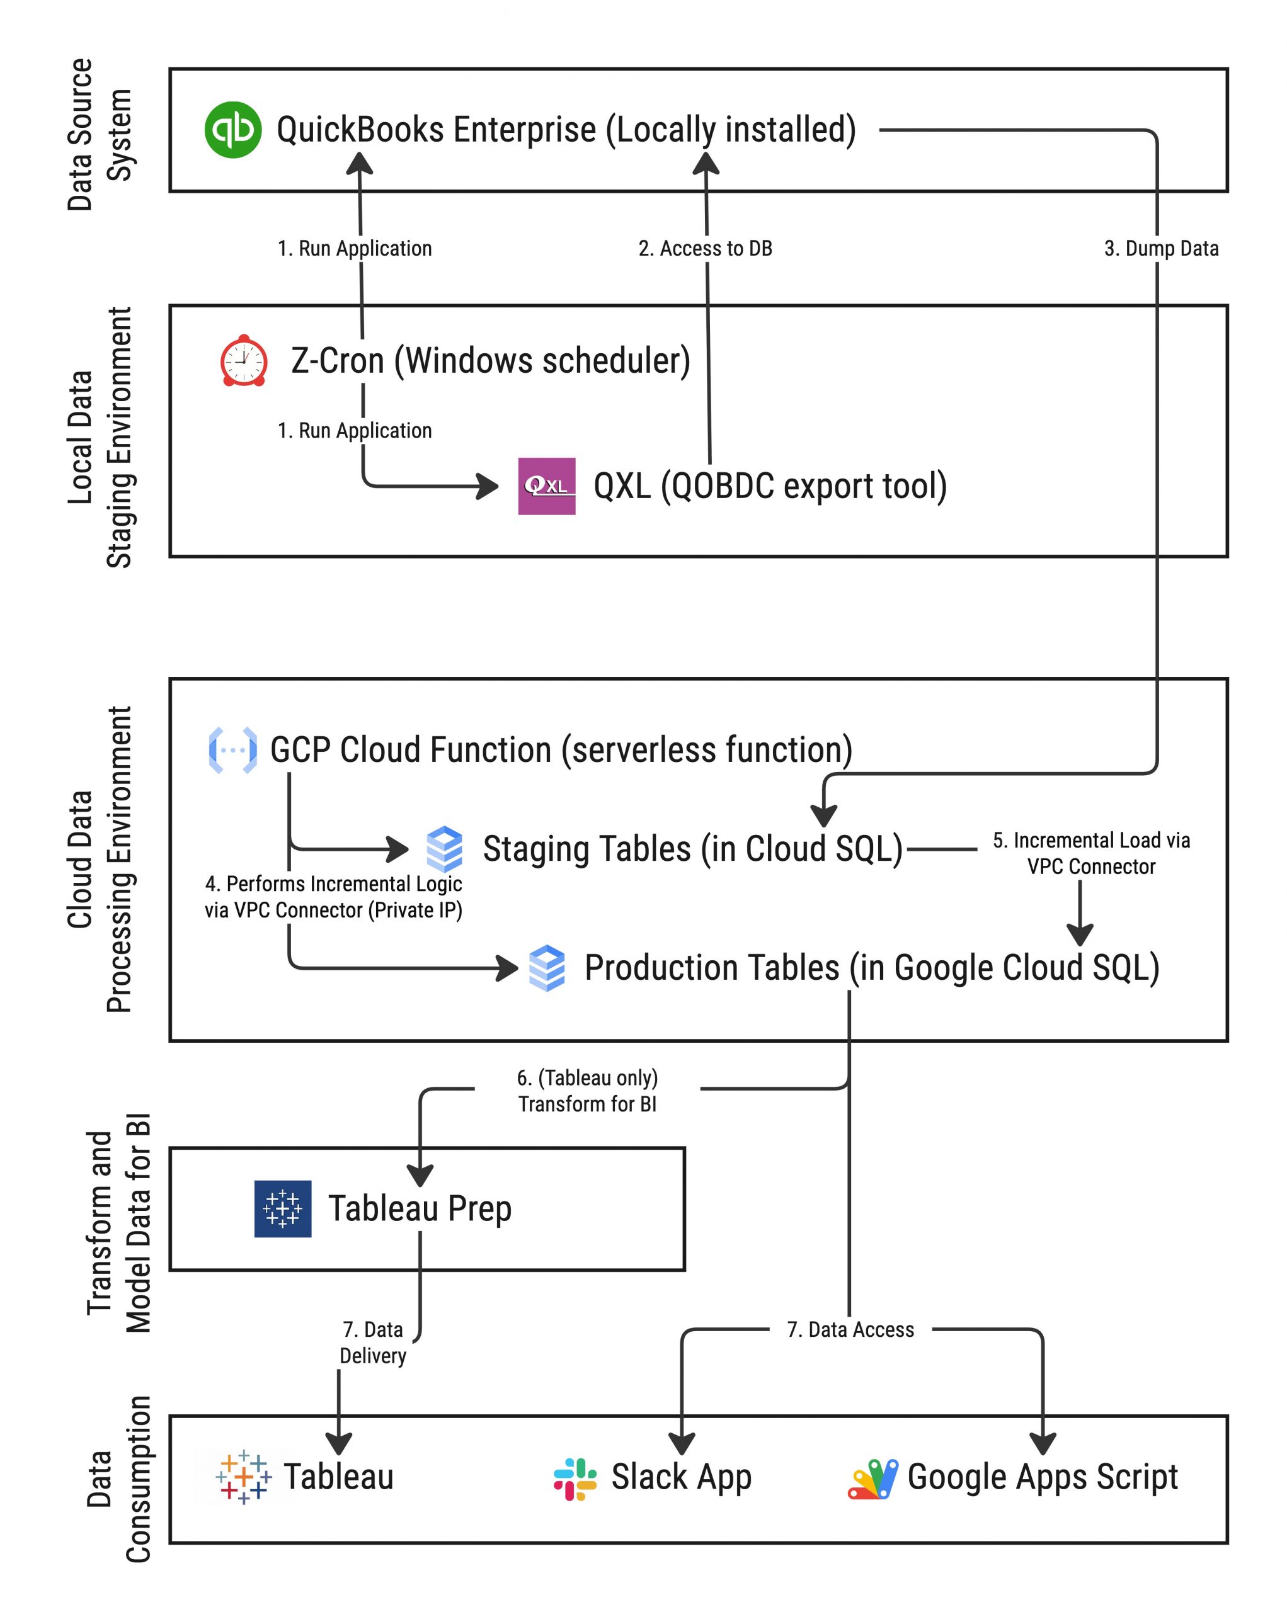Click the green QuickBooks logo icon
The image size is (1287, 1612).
click(x=232, y=130)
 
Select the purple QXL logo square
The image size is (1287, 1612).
click(x=547, y=486)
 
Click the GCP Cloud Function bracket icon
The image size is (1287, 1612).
click(x=232, y=749)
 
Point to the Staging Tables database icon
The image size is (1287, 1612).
click(x=444, y=849)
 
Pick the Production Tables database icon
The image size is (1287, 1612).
click(x=547, y=967)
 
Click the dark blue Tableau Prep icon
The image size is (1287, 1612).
click(x=283, y=1209)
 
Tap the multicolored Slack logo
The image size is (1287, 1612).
click(x=575, y=1479)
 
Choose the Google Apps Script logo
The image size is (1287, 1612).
click(x=872, y=1479)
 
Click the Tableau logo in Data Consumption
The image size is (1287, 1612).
click(x=243, y=1477)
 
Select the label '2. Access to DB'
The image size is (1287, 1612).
click(x=705, y=248)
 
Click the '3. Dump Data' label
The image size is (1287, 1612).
click(x=1160, y=248)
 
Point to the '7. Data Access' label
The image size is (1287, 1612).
click(x=850, y=1329)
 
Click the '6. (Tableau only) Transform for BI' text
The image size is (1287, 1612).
click(x=587, y=1091)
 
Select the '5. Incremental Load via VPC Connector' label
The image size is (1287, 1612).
click(x=1091, y=853)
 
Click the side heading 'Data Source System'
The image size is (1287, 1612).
click(x=99, y=135)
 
